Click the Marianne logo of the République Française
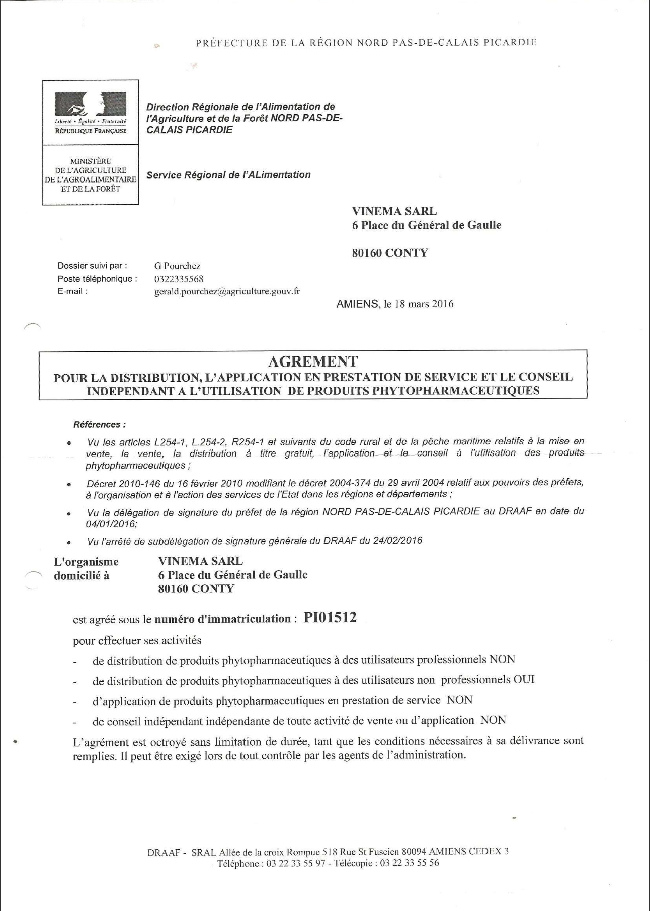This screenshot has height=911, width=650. tap(91, 104)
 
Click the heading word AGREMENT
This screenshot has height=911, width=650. tap(313, 361)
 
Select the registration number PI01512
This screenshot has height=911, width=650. tap(330, 617)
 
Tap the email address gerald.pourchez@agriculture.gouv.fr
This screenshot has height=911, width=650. tap(227, 291)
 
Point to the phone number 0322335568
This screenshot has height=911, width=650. tap(179, 279)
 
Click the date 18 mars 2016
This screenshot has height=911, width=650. tap(419, 304)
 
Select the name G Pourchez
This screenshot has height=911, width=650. tap(177, 266)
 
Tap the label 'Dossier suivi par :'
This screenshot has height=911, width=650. tap(92, 266)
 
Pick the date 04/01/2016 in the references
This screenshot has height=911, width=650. tap(111, 523)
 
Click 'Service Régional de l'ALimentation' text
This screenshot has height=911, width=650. tap(228, 175)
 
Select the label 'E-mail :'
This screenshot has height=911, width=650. tap(72, 291)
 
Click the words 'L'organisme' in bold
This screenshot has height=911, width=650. tap(86, 561)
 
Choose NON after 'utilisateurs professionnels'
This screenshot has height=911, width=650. tap(502, 659)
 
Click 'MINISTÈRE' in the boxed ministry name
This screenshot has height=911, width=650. tap(91, 161)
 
